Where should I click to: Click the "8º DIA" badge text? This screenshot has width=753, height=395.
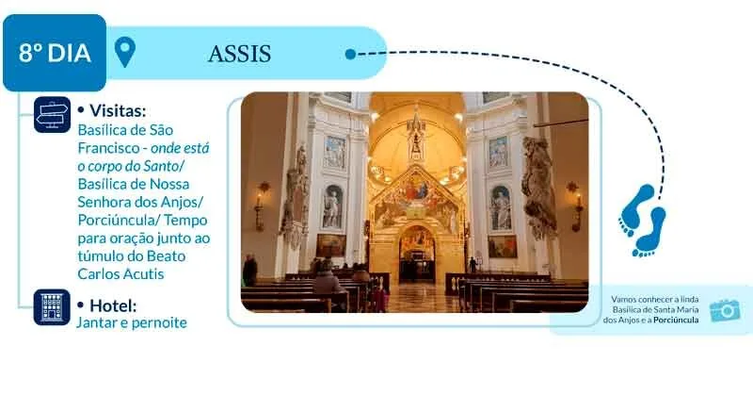(55, 53)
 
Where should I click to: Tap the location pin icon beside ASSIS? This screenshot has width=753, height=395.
(125, 52)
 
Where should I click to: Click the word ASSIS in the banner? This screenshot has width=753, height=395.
(240, 54)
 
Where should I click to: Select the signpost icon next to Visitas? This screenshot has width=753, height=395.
(53, 115)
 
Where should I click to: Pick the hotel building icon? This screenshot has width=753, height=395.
(52, 307)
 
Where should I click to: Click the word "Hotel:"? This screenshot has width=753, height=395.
(113, 305)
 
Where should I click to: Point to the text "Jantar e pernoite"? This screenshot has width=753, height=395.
(132, 322)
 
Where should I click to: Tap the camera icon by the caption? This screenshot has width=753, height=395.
(725, 310)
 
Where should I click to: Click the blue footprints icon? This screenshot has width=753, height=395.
(643, 221)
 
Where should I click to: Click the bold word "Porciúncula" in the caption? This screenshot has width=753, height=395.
(676, 320)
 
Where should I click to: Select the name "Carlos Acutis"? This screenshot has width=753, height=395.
(121, 273)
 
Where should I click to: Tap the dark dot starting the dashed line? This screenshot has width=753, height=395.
(350, 54)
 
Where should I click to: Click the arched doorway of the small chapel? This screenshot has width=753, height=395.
(417, 254)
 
